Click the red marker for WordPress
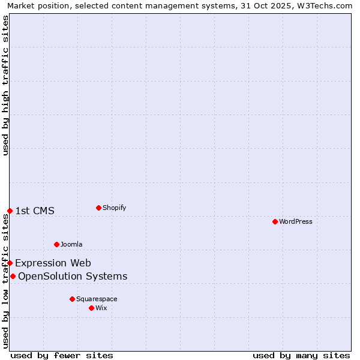tap(275, 221)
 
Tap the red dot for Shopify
tap(98, 208)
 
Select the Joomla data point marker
tap(56, 244)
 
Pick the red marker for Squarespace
tap(72, 299)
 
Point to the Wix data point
tap(91, 308)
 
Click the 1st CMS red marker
tap(10, 211)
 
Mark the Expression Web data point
tap(10, 263)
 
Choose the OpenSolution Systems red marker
tap(13, 276)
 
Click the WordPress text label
tap(296, 221)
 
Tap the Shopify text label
tap(115, 208)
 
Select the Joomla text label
tap(71, 244)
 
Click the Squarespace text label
tap(97, 299)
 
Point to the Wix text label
tap(101, 308)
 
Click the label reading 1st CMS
tap(35, 211)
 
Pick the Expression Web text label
tap(53, 263)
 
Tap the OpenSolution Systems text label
tap(73, 276)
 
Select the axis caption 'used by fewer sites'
tap(62, 355)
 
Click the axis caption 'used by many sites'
tap(301, 355)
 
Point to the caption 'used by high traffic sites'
tap(5, 86)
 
